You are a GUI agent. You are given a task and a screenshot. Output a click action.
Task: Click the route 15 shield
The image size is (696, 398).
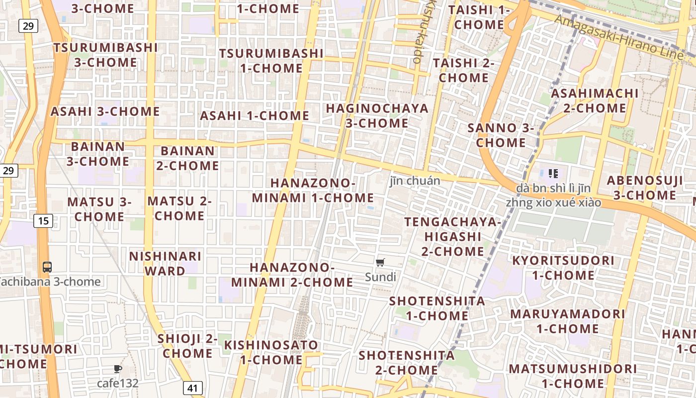43,220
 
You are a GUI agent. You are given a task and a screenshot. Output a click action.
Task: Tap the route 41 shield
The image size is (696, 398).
193,388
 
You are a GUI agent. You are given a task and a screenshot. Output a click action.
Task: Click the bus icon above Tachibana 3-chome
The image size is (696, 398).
47,267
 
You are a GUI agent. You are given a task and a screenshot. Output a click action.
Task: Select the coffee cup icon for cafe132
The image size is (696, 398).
117,369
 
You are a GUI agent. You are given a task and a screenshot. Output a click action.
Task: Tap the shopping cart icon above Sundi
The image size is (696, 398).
380,262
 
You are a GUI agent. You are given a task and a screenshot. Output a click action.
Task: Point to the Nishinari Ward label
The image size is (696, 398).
165,263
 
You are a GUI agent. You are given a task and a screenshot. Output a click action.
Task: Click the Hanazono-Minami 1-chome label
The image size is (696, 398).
313,190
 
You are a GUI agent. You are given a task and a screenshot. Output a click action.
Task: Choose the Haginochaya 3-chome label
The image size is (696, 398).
377,115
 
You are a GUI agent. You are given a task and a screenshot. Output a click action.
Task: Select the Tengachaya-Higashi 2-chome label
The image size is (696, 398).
452,236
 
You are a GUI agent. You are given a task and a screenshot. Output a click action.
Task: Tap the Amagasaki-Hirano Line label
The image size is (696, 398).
619,37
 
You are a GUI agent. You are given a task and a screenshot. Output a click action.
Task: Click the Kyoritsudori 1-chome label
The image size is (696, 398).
563,268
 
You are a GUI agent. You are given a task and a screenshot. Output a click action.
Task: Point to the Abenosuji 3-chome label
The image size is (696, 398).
645,188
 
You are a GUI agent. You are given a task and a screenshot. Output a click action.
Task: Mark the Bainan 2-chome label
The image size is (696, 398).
187,158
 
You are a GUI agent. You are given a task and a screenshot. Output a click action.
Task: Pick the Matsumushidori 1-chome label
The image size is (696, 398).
572,376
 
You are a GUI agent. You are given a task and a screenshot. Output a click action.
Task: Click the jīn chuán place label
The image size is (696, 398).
415,181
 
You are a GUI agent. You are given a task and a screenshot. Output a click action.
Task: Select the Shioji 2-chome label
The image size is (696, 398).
187,346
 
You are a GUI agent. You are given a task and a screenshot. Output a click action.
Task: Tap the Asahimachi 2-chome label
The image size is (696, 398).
595,100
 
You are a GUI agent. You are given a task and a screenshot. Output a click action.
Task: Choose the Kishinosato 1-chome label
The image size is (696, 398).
271,352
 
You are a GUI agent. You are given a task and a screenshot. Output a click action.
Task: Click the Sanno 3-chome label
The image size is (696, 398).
501,135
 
